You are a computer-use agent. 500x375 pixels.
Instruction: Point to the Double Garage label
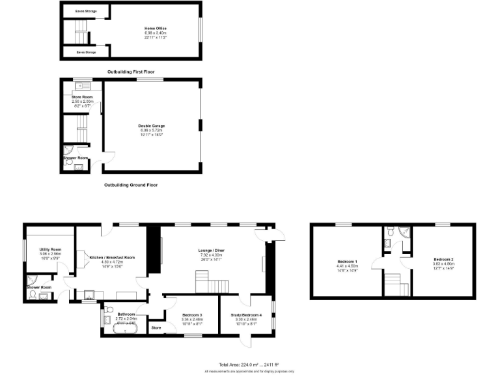[152, 126]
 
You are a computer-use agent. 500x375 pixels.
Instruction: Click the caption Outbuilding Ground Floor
[131, 185]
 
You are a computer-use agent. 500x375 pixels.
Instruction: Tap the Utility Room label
[50, 249]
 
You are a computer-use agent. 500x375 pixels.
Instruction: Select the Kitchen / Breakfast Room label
[113, 258]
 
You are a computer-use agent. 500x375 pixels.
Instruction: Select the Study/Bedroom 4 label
[246, 315]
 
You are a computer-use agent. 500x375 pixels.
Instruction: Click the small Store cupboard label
[156, 328]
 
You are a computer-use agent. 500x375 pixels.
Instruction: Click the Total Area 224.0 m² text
[249, 365]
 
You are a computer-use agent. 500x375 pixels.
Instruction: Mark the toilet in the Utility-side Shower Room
[32, 296]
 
